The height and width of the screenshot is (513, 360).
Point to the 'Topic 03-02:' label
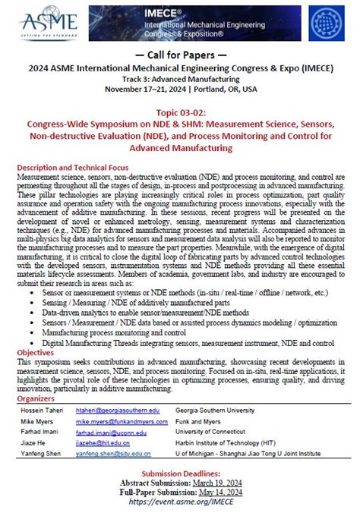click(x=180, y=112)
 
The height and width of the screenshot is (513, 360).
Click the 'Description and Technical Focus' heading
click(x=72, y=167)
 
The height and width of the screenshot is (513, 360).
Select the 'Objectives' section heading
click(x=36, y=352)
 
